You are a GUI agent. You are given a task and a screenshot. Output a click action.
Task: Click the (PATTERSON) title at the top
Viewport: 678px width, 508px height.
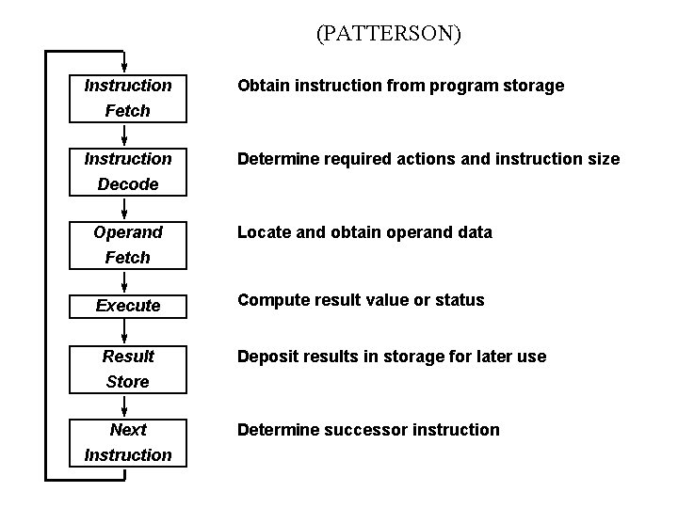tap(388, 35)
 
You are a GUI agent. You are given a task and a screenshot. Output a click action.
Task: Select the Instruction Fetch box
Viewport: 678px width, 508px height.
tap(127, 98)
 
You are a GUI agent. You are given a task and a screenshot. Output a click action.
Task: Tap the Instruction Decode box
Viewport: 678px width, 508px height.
tap(127, 171)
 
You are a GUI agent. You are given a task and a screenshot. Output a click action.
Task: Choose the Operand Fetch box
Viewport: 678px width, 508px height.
tap(127, 245)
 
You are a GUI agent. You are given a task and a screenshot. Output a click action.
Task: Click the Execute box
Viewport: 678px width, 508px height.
tap(127, 306)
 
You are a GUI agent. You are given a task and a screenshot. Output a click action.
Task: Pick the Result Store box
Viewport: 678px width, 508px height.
tap(127, 369)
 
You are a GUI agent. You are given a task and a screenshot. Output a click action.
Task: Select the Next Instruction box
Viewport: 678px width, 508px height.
tap(127, 442)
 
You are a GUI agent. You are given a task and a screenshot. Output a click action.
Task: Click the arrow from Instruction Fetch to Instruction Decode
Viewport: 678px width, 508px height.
tap(125, 135)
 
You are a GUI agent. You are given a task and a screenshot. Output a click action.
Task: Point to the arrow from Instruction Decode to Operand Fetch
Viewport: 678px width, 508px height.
tap(125, 208)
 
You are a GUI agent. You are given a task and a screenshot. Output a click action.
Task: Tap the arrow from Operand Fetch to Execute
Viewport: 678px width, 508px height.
tap(125, 280)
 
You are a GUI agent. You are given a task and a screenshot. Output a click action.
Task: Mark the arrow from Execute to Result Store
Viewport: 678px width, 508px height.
tap(125, 330)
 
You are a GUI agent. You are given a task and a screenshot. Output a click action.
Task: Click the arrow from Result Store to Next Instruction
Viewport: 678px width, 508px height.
tap(125, 405)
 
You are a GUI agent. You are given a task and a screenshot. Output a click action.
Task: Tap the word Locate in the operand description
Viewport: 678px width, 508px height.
tap(265, 232)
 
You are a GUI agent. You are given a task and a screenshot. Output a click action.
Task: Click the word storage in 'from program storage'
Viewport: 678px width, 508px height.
tap(531, 86)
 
